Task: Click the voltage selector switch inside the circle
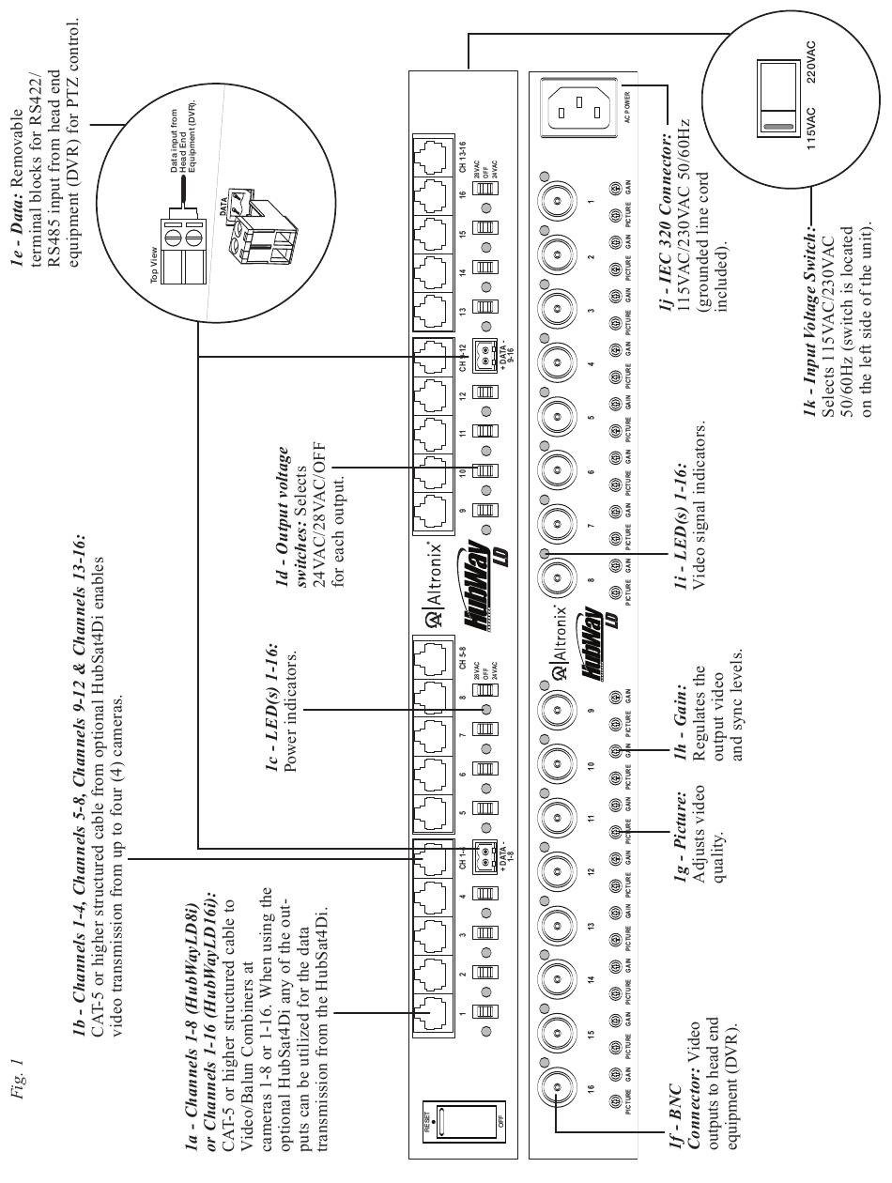click(x=772, y=95)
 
